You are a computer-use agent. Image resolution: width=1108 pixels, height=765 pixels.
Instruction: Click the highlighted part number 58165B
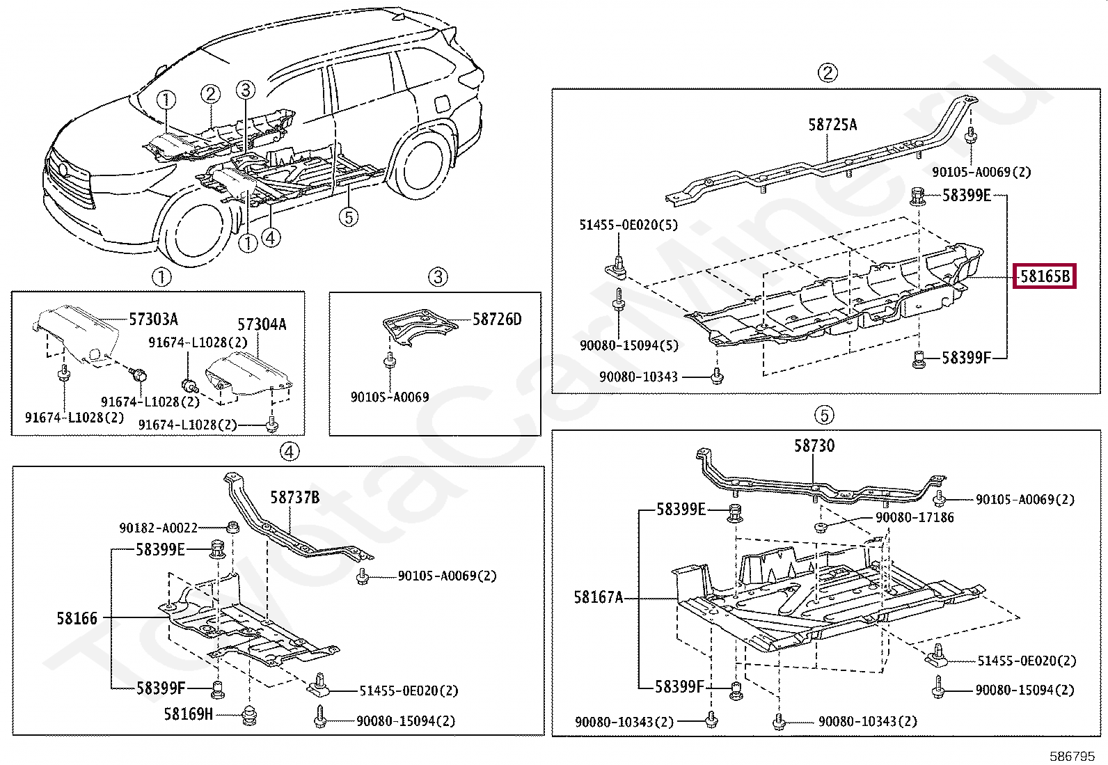[x=1044, y=276]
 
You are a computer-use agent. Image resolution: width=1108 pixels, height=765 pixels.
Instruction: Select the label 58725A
[x=832, y=125]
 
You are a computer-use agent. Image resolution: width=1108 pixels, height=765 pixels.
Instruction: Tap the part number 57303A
[x=154, y=320]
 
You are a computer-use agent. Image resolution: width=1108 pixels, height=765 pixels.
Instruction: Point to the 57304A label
[x=262, y=324]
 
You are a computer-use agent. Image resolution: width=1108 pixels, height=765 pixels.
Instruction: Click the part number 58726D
[x=496, y=320]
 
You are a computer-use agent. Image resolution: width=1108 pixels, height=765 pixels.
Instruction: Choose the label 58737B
[x=294, y=498]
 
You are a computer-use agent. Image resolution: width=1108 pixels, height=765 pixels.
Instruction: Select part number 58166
[x=77, y=618]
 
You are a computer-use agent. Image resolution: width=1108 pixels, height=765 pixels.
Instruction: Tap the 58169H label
[x=189, y=714]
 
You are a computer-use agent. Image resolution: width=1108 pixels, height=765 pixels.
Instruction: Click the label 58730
[x=814, y=446]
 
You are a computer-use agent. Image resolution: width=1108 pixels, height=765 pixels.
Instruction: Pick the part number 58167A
[x=599, y=597]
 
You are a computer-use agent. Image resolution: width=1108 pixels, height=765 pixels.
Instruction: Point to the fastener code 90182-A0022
[x=159, y=528]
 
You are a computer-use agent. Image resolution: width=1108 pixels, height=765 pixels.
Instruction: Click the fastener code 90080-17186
[x=915, y=518]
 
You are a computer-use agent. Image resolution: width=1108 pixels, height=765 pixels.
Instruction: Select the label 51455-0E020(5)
[x=628, y=225]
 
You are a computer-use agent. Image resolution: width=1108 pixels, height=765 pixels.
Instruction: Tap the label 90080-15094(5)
[x=629, y=346]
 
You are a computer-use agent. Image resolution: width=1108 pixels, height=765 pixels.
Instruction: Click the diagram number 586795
[x=1072, y=756]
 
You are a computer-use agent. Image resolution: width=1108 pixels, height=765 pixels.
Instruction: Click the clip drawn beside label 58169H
[x=249, y=716]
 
